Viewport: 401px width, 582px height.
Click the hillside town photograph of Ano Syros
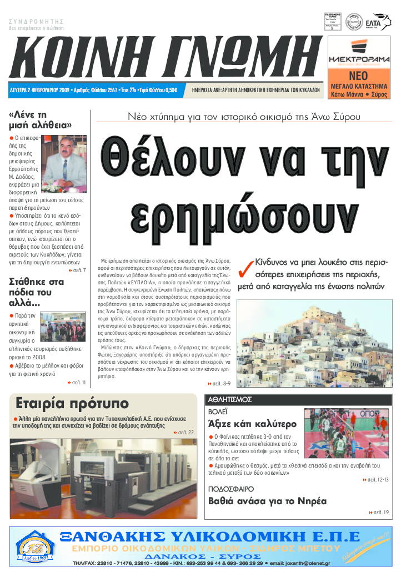tap(313, 337)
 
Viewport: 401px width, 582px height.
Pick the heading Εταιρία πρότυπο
tap(72, 403)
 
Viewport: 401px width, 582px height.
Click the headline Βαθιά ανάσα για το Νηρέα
tap(267, 500)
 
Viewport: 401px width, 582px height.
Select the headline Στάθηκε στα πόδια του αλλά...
tap(37, 292)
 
